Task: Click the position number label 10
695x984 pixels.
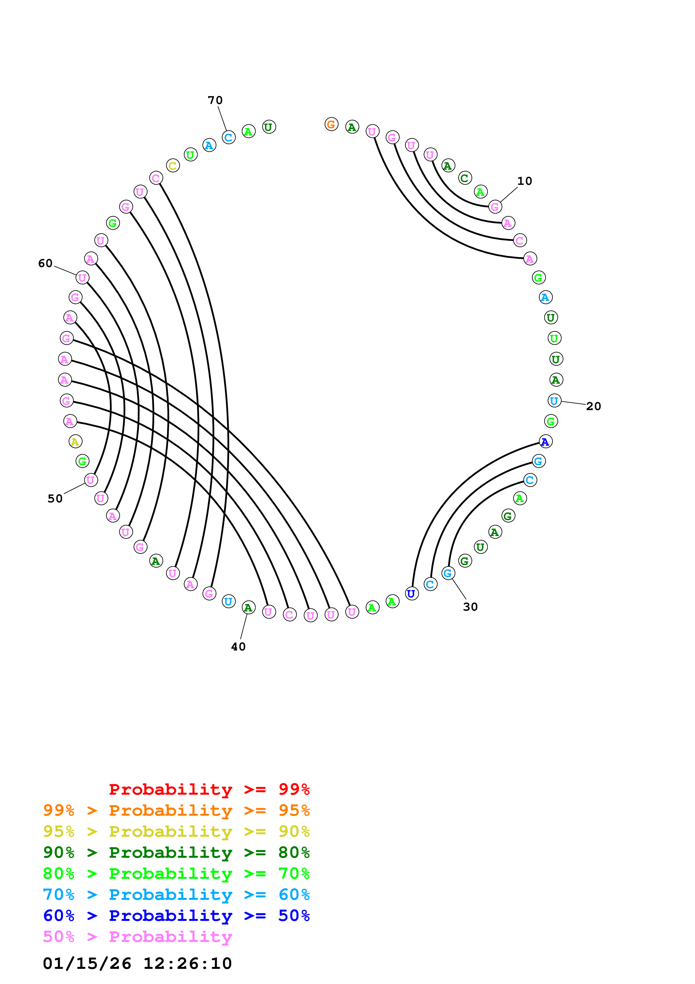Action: click(524, 181)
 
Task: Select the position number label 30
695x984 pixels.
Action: click(470, 606)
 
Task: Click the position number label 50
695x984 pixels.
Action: click(55, 498)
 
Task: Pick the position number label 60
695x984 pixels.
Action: click(45, 263)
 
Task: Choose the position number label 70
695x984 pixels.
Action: click(215, 100)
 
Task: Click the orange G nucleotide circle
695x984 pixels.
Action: click(331, 124)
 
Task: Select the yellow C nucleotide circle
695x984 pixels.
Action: click(173, 165)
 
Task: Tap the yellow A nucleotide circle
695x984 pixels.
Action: click(75, 442)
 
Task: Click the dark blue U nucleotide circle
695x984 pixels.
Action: click(412, 594)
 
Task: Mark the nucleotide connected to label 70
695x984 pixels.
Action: click(229, 137)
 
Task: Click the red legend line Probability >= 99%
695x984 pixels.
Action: click(209, 789)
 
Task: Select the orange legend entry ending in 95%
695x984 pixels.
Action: click(176, 810)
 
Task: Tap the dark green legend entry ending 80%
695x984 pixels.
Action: click(176, 852)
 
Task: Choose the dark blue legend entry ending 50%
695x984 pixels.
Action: click(176, 916)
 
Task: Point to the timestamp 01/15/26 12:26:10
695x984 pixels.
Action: click(137, 964)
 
